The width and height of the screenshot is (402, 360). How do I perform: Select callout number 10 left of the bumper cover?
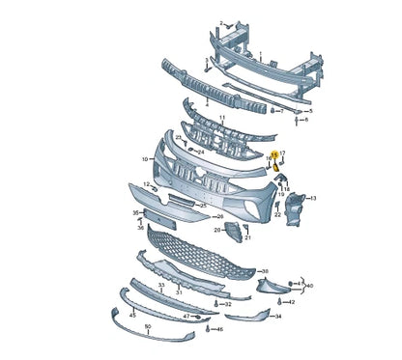click(x=145, y=158)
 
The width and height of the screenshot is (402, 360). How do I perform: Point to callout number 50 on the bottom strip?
click(x=148, y=327)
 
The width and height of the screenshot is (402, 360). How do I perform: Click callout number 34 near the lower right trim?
click(x=278, y=316)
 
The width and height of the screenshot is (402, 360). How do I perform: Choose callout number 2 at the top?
click(x=220, y=21)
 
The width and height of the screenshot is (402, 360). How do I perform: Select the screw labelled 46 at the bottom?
click(x=208, y=329)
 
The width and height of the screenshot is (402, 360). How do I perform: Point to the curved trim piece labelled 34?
click(x=245, y=316)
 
